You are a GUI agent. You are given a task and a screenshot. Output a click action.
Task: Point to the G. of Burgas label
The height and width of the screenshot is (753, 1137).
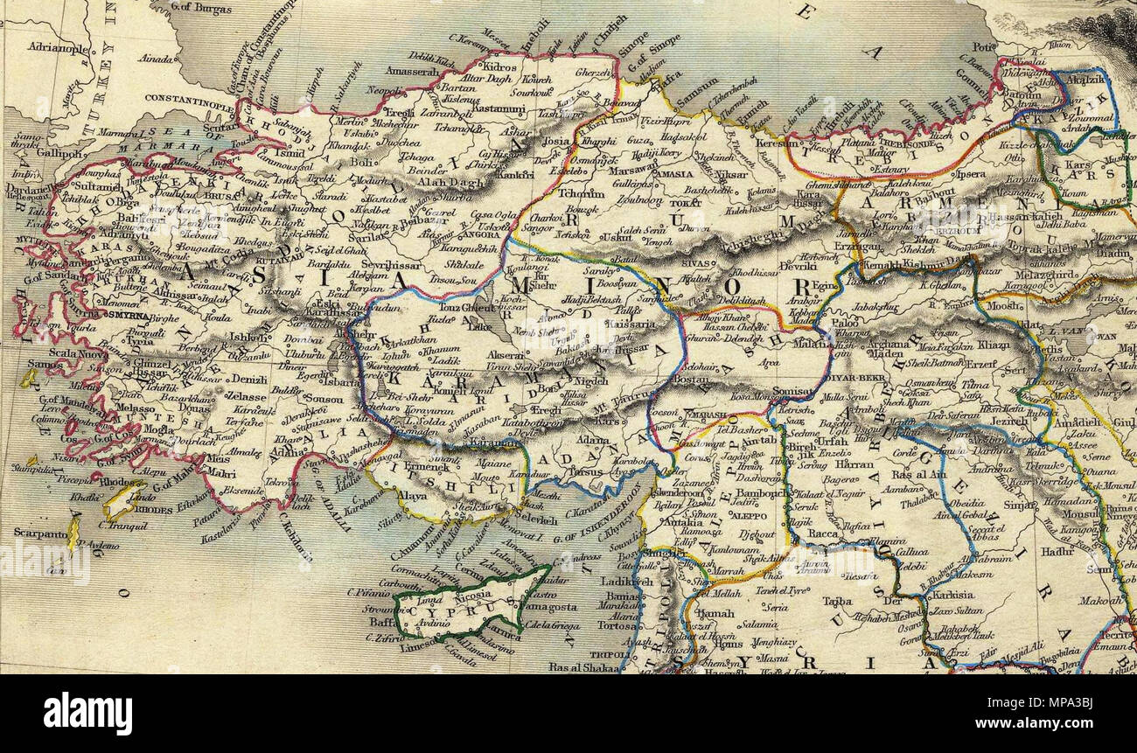coord(203,10)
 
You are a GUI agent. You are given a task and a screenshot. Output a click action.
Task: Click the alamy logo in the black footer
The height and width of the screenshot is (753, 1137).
coord(87,713)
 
